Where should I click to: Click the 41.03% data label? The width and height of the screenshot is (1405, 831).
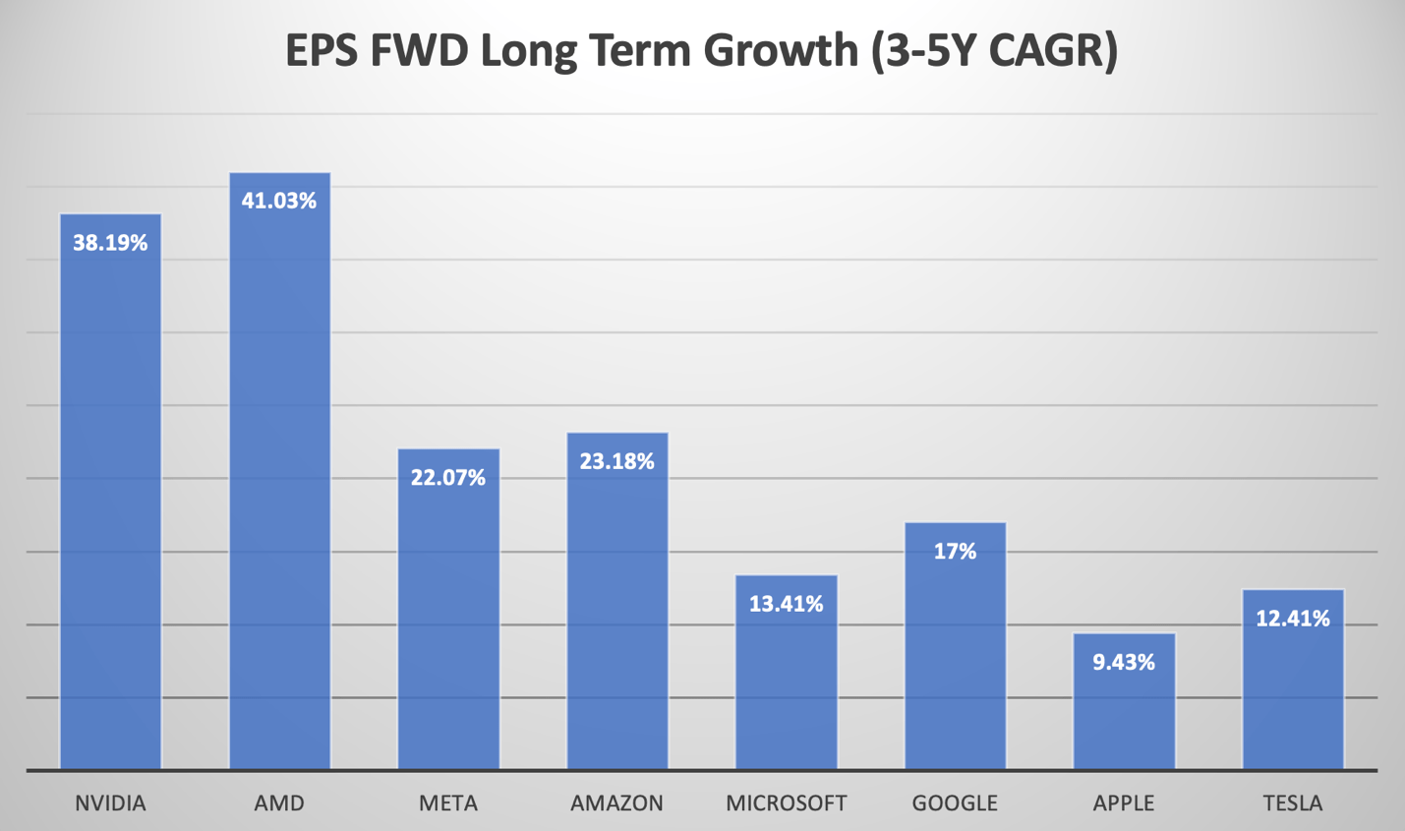click(279, 202)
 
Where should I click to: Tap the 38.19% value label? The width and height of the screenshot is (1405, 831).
click(110, 243)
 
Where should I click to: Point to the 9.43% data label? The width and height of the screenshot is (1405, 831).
click(1124, 662)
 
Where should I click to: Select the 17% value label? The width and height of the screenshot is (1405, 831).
click(955, 552)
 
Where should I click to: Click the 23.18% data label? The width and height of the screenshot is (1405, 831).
click(617, 461)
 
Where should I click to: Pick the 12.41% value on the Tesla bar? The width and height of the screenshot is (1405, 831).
click(1293, 619)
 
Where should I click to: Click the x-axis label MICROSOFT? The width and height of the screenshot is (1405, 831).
click(787, 803)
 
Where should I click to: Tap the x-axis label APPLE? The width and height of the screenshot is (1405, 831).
click(1124, 803)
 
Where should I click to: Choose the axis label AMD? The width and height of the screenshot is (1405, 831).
click(279, 803)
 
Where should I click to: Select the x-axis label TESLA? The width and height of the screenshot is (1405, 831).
click(1293, 803)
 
